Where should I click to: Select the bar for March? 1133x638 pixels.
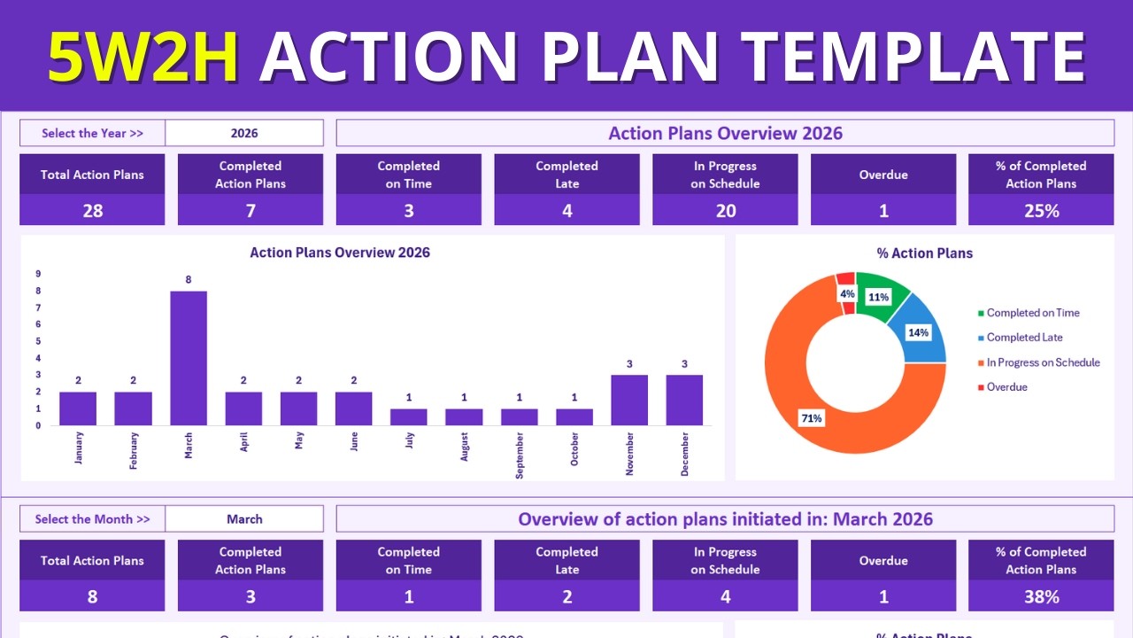(x=189, y=358)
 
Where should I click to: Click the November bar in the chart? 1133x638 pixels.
(x=629, y=401)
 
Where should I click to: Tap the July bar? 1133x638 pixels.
(x=409, y=416)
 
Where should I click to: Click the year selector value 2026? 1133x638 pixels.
(x=244, y=133)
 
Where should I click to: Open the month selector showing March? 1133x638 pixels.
(x=244, y=519)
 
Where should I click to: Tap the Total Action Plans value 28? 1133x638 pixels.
(x=92, y=210)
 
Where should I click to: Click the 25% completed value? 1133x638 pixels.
(x=1041, y=210)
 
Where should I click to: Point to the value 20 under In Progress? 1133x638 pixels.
(x=725, y=210)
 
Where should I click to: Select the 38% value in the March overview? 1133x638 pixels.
(x=1041, y=596)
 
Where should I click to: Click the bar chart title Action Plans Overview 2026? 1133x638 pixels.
(x=340, y=253)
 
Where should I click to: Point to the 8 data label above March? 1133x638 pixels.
(x=189, y=280)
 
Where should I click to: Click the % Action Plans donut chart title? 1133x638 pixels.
(x=924, y=253)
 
